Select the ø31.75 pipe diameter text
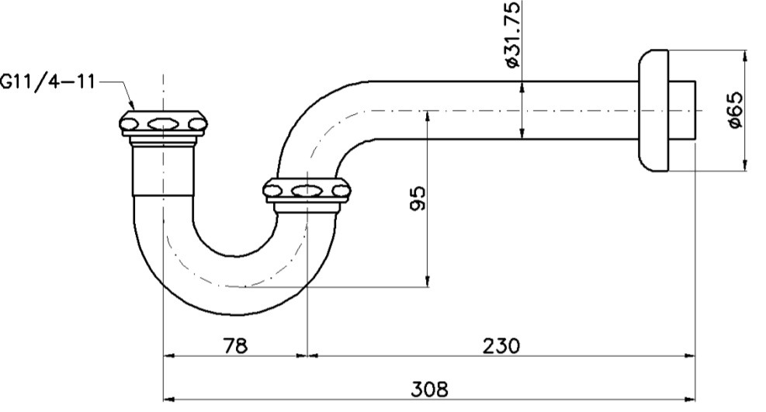512,35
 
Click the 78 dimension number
235,344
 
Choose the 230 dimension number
501,344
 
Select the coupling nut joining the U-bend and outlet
307,191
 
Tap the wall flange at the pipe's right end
653,110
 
